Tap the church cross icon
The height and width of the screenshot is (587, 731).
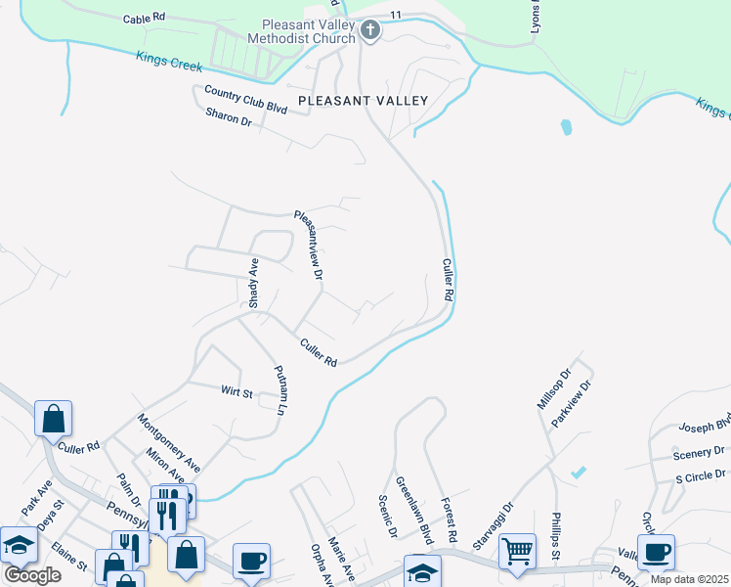pos(369,30)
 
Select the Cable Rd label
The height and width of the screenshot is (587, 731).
pos(144,19)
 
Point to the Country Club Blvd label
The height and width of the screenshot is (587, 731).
pos(245,100)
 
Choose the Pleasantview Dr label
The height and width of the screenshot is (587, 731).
pos(309,247)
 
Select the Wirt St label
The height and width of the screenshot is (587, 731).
pos(236,393)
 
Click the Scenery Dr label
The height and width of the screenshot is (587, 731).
pos(698,455)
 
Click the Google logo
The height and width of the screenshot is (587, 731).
pos(32,575)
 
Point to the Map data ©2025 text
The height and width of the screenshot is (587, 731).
pos(688,579)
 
